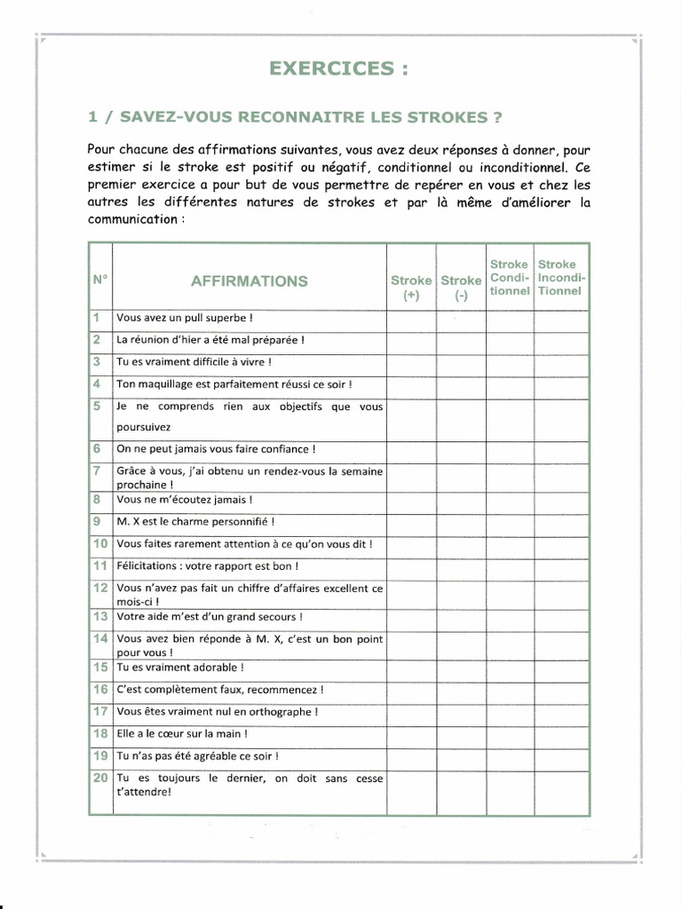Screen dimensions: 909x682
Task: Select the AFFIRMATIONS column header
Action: [250, 281]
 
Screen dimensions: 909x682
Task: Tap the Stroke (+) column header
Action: [411, 289]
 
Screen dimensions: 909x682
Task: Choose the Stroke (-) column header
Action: [461, 289]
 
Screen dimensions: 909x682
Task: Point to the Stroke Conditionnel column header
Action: [509, 277]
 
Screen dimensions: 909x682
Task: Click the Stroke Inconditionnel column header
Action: [559, 277]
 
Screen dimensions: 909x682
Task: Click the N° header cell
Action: [99, 279]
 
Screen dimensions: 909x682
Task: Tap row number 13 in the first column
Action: [99, 616]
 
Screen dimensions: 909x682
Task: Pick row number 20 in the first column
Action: [99, 778]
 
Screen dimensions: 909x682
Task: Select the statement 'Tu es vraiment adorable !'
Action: [180, 667]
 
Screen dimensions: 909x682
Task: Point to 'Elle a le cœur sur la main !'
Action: [183, 734]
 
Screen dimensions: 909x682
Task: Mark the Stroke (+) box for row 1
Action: [411, 319]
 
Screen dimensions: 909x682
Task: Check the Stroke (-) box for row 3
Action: [461, 363]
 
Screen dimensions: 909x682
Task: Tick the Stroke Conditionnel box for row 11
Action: [509, 566]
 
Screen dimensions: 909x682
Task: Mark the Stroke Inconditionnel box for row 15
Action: [560, 668]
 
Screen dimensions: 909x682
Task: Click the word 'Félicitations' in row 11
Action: [146, 565]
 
